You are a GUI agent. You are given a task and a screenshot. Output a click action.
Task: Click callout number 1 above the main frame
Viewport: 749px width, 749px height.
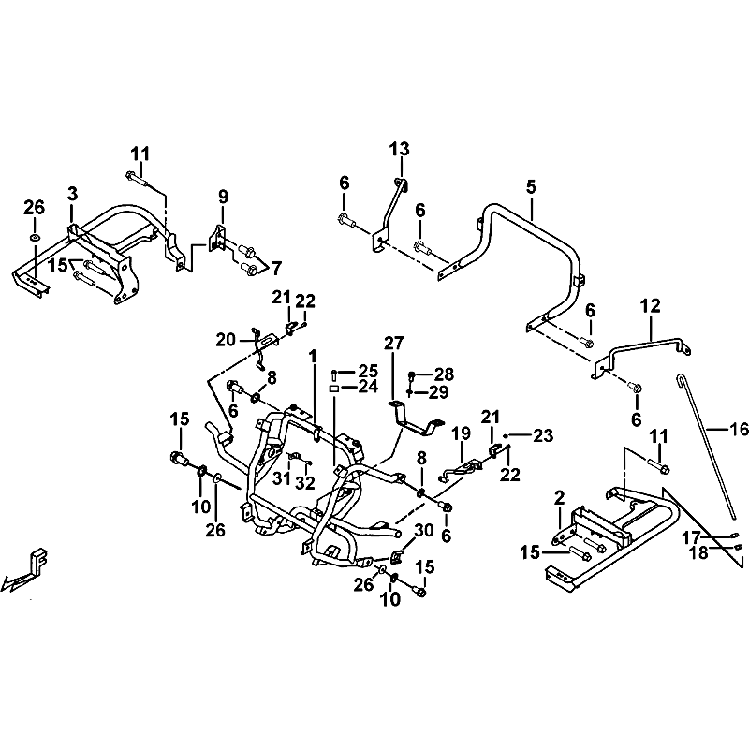pos(313,356)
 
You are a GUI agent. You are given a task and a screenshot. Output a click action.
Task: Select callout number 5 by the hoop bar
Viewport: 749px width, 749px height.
pos(531,186)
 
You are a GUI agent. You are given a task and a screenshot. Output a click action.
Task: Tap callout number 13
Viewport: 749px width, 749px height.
pos(400,149)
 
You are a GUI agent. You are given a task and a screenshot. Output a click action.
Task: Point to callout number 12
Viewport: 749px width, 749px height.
pos(650,306)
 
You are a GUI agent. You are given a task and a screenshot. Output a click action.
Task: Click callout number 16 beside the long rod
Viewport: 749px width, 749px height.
pos(740,429)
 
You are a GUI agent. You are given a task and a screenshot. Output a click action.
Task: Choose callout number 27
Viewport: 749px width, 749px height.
pos(393,343)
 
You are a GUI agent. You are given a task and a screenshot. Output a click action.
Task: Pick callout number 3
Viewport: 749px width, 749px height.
pos(72,194)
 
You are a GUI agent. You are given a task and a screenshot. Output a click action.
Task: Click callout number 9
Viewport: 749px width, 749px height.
pos(223,197)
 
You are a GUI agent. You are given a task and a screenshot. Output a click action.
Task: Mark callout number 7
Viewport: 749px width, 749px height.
pos(276,268)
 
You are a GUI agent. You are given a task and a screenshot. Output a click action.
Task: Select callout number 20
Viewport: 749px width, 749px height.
pos(226,340)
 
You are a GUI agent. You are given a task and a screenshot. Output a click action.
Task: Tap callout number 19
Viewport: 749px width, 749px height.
pos(461,433)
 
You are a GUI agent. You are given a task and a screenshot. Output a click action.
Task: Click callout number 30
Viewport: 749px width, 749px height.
pos(424,530)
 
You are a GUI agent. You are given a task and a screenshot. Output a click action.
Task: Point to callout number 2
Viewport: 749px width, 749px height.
pos(559,498)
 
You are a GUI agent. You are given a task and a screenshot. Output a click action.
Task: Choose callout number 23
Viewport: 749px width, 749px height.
pos(543,435)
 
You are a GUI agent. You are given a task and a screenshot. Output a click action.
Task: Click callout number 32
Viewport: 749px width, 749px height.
pos(305,483)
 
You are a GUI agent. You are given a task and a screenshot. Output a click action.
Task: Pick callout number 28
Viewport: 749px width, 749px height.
pos(444,374)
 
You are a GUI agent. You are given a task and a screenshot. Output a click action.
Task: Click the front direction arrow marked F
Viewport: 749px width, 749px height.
pos(25,570)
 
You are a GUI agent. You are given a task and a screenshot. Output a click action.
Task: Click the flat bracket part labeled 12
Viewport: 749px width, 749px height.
pos(640,353)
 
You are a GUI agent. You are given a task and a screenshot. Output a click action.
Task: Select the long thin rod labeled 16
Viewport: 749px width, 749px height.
pos(706,448)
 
